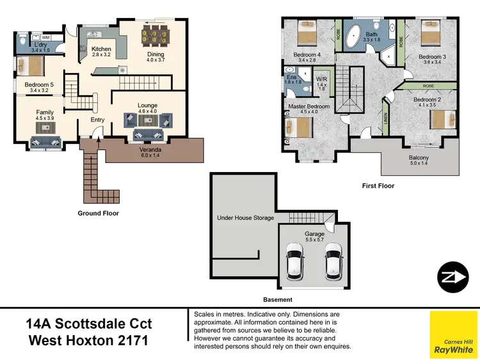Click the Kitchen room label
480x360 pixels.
(102, 49)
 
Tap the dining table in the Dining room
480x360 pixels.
(156, 35)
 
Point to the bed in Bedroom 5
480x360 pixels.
(29, 67)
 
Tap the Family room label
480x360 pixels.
(45, 112)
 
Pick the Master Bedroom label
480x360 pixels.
(308, 106)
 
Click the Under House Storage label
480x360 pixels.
(246, 218)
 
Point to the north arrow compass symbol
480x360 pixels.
(454, 278)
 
